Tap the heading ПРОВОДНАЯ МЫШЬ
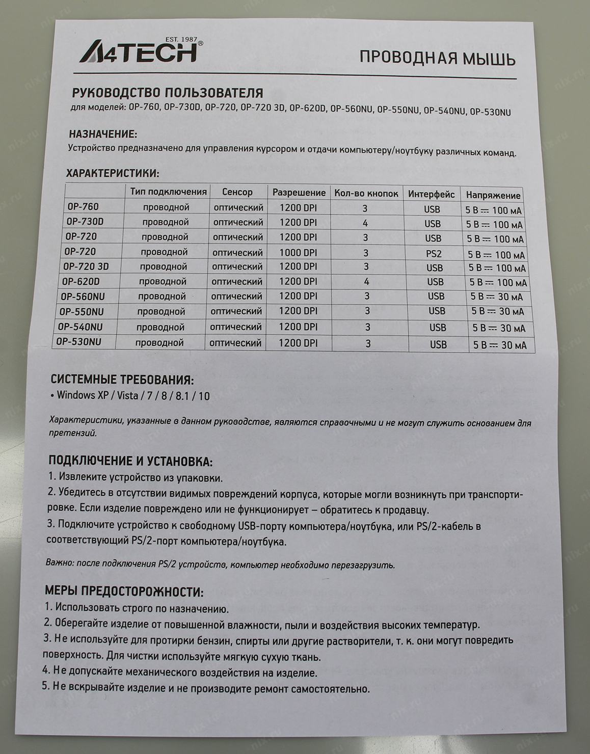point(437,58)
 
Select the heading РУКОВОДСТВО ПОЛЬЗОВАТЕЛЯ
point(168,93)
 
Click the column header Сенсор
point(237,192)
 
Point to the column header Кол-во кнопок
point(366,193)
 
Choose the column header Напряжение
point(493,195)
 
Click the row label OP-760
point(83,207)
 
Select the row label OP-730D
point(85,222)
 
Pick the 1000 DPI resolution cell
point(298,252)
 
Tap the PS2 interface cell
point(434,253)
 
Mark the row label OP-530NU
point(78,342)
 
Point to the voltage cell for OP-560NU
point(497,297)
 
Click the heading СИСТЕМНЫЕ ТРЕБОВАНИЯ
point(122,380)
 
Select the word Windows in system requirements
point(76,395)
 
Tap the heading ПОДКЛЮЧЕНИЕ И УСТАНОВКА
point(130,461)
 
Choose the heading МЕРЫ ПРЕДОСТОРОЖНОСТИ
point(124,592)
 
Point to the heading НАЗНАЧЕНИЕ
point(102,134)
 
